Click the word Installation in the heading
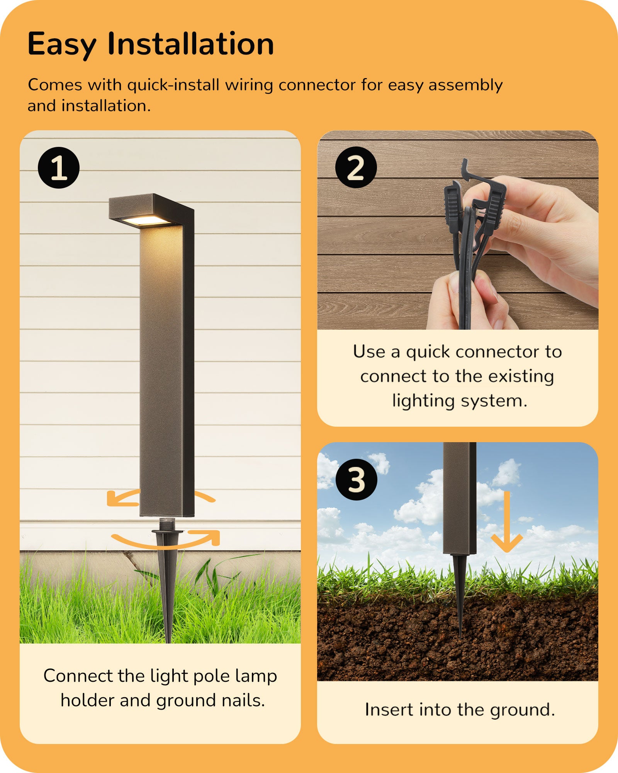coord(190,44)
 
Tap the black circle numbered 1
coord(59,168)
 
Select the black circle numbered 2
coord(356,167)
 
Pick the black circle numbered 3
coord(356,480)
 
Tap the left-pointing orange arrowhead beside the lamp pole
coord(114,498)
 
